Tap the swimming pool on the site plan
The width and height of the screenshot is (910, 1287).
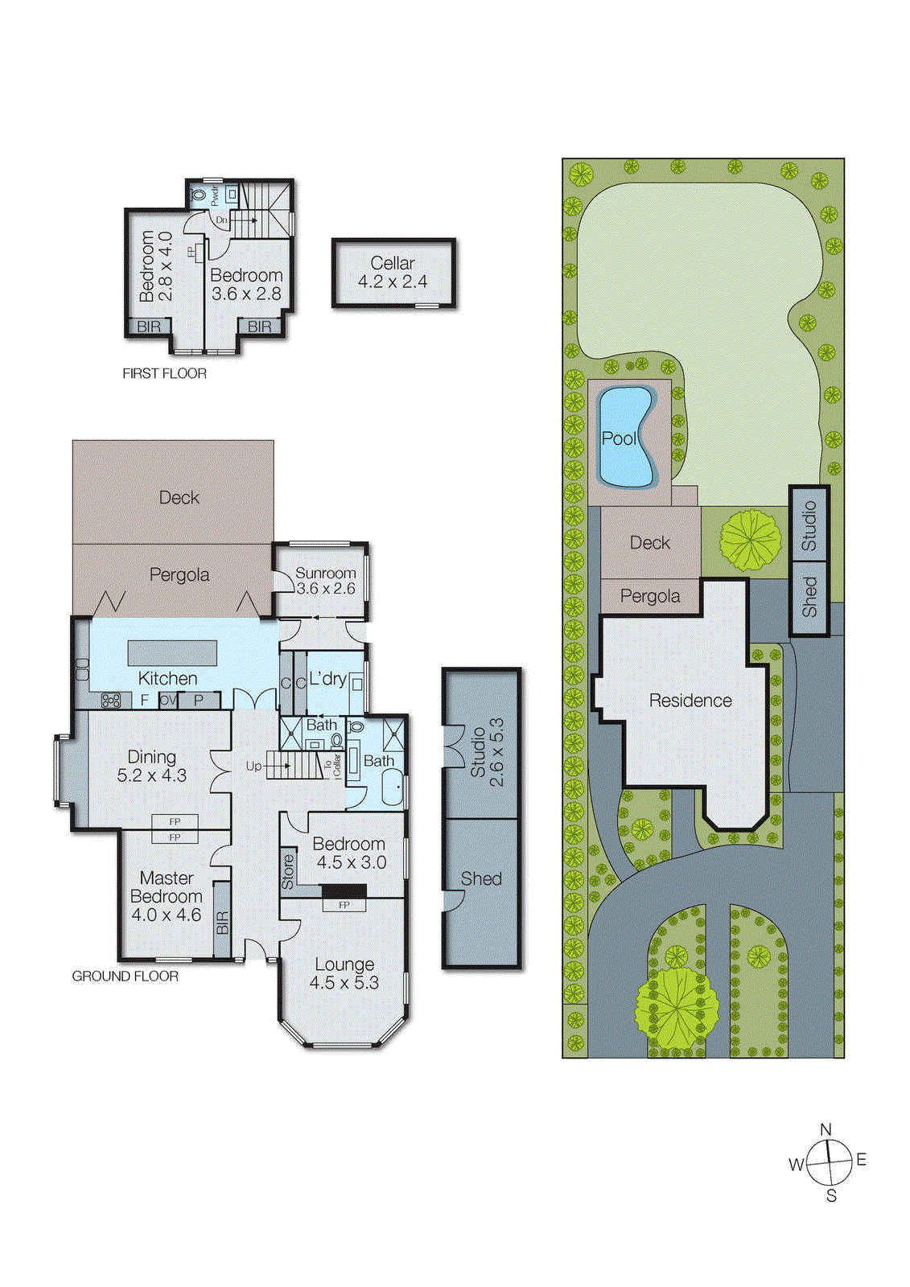(x=624, y=438)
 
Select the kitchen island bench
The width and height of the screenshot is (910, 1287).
(x=172, y=653)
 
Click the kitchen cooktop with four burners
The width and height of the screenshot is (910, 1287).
(x=111, y=701)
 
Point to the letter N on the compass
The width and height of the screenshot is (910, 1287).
(x=826, y=1130)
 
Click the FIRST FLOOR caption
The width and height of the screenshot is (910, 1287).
(x=164, y=373)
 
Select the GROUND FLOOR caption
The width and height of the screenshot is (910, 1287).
(x=126, y=976)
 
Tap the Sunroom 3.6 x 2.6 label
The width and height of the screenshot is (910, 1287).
(x=325, y=581)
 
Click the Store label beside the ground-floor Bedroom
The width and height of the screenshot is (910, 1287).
(x=288, y=872)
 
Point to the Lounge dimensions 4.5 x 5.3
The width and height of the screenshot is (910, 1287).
(x=344, y=983)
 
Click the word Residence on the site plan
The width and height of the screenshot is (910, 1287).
(x=690, y=701)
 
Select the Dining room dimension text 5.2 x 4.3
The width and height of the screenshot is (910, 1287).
(x=152, y=775)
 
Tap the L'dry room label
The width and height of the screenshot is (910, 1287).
(x=327, y=679)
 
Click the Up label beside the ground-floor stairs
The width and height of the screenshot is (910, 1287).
(x=253, y=766)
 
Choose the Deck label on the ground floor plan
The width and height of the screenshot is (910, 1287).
(x=179, y=498)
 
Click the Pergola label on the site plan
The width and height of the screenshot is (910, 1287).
(x=650, y=596)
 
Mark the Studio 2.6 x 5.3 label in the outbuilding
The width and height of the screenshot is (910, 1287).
(x=487, y=753)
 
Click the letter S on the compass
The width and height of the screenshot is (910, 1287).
(x=832, y=1196)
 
